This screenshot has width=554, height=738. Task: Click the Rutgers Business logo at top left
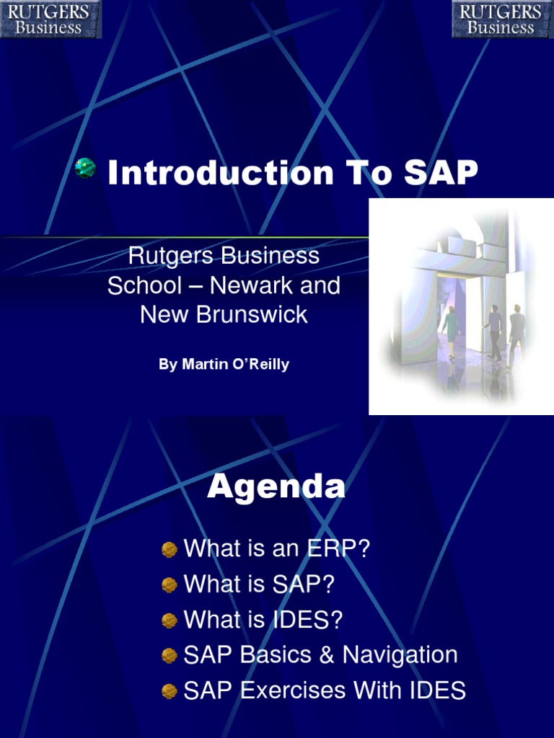tap(50, 19)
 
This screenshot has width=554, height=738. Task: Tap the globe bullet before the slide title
tap(85, 169)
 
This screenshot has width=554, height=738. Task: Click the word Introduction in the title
tap(221, 174)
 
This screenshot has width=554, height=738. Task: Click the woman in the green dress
tap(451, 330)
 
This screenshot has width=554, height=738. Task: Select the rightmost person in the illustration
tap(516, 333)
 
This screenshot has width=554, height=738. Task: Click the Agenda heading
tap(276, 488)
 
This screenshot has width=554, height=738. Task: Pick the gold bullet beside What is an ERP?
tap(170, 550)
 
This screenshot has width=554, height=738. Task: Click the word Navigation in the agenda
tap(400, 655)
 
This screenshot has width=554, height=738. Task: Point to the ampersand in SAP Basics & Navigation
tap(327, 655)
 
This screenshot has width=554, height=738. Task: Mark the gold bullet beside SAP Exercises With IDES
tap(170, 691)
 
